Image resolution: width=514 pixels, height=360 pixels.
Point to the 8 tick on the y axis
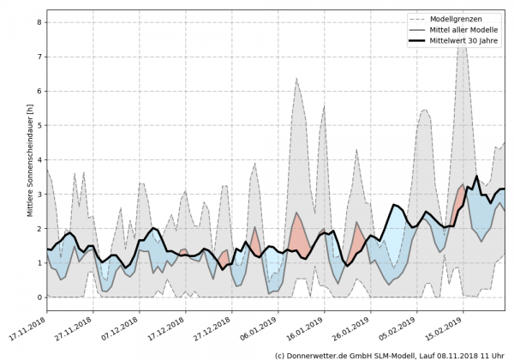tap(39, 22)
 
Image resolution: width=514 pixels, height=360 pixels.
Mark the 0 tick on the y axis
tap(39, 297)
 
